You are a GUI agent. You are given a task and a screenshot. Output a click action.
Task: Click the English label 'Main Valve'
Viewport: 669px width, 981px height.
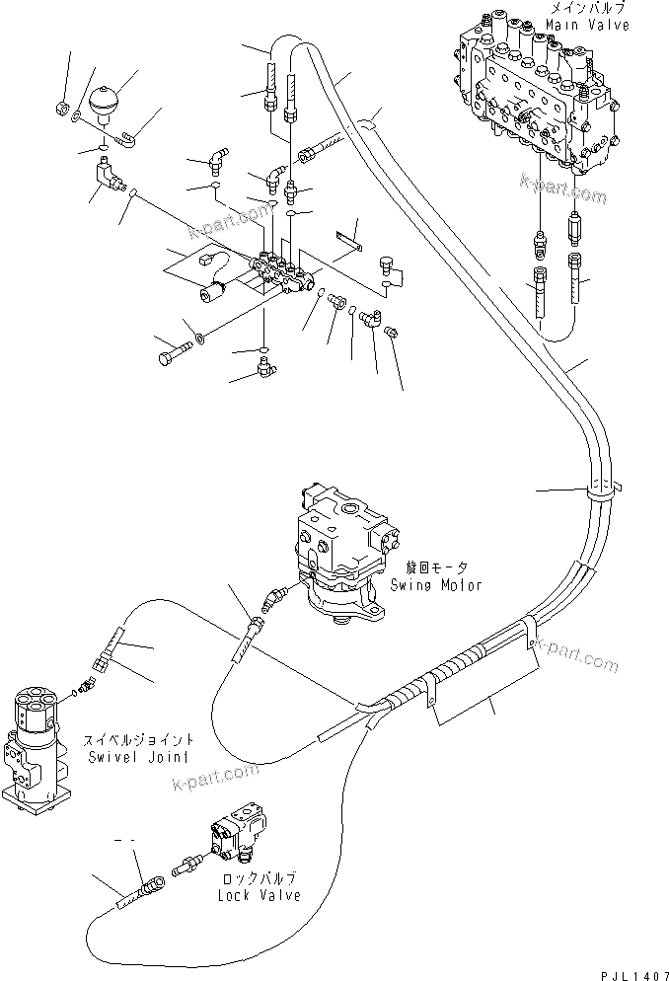(591, 25)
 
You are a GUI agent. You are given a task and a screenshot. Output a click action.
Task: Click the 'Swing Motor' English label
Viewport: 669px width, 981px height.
(442, 585)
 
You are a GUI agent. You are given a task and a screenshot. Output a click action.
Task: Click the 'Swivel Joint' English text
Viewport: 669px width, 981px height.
(139, 755)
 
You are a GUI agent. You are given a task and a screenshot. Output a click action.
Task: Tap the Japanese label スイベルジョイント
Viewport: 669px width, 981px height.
(139, 739)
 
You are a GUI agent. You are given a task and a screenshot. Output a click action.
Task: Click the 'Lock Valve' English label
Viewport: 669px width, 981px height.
(260, 895)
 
